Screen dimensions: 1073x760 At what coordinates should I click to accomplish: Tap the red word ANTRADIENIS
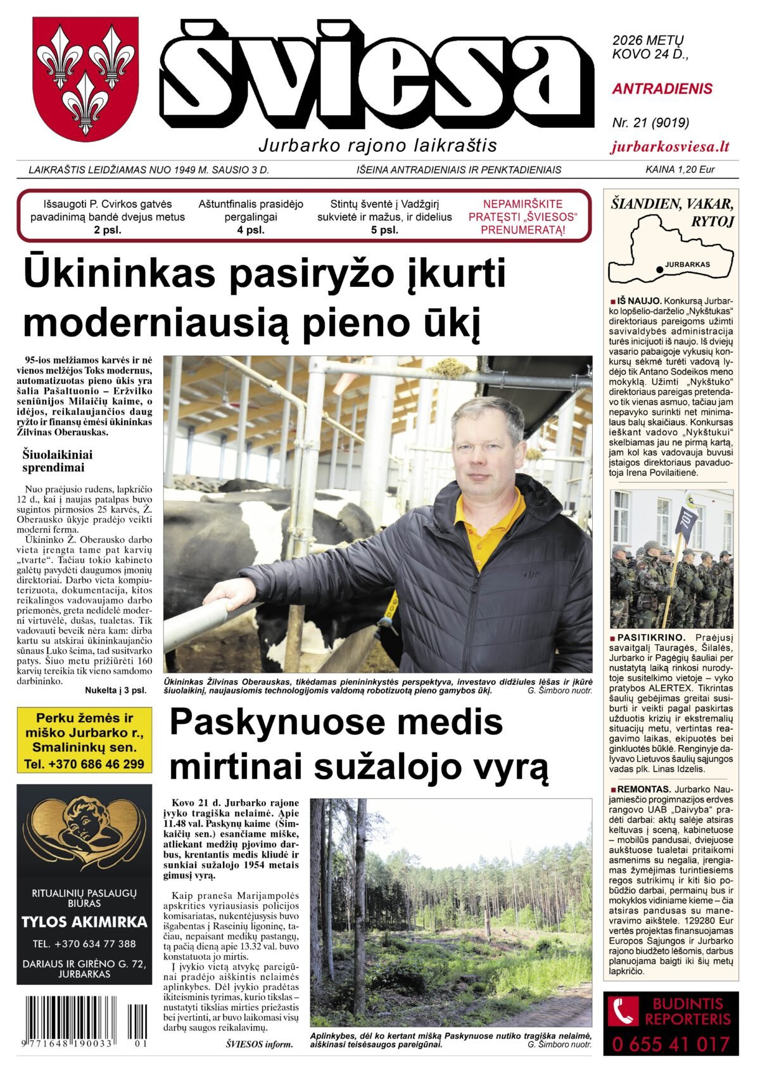(x=662, y=89)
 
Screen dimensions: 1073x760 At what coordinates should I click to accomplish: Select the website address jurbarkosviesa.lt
(x=670, y=147)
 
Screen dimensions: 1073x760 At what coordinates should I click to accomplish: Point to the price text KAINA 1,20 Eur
(x=680, y=170)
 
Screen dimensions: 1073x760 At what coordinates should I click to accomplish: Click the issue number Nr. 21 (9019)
(x=650, y=122)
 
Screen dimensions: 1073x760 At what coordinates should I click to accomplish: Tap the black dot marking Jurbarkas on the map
(x=660, y=269)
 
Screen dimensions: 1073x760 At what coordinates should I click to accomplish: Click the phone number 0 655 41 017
(x=671, y=1044)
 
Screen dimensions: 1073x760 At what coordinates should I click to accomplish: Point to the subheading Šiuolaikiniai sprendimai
(x=58, y=461)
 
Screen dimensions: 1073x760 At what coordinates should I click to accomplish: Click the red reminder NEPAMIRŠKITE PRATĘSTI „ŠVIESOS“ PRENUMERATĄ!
(x=522, y=217)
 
